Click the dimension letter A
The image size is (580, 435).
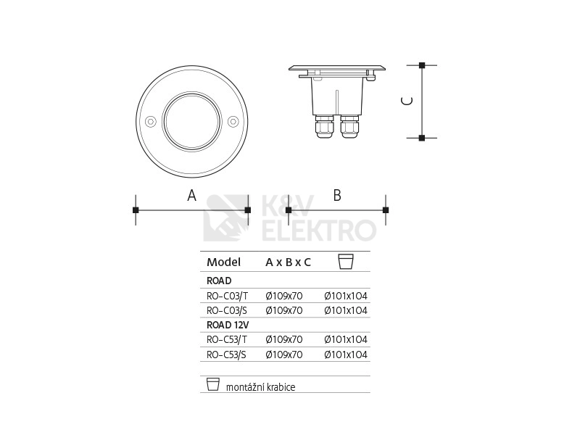pos(191,195)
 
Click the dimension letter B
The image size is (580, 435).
pos(337,195)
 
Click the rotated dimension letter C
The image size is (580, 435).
pos(407,101)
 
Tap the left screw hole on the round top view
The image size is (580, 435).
pos(150,121)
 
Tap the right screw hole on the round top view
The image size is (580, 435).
pos(233,121)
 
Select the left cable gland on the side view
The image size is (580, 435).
pos(324,126)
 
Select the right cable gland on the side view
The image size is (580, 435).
pos(349,126)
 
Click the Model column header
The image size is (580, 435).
pos(223,262)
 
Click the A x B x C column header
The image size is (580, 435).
pos(288,262)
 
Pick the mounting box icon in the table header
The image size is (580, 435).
pos(346,262)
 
